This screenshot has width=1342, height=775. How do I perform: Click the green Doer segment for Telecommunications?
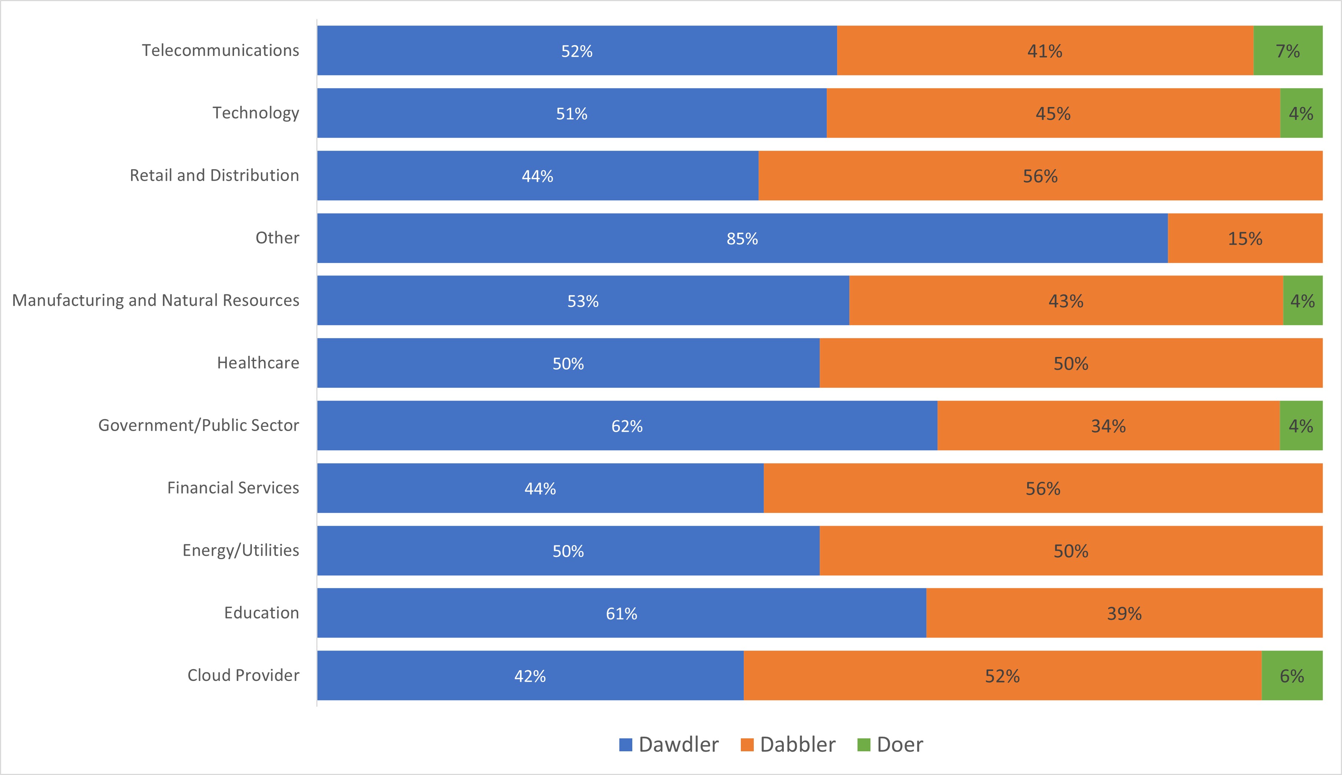1288,51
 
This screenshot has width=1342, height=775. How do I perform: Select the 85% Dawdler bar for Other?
742,238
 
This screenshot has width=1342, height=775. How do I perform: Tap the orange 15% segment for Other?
1245,238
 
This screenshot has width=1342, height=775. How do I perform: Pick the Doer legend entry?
890,744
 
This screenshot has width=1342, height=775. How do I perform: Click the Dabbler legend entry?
788,744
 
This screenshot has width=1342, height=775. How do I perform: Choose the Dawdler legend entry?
669,744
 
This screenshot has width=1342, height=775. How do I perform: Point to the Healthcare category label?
258,363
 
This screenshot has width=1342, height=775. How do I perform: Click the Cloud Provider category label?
243,675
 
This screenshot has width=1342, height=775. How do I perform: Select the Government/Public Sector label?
199,425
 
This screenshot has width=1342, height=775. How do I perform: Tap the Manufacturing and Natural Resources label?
156,300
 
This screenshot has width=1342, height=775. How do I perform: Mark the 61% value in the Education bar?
621,614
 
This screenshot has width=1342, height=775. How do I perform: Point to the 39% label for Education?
1124,614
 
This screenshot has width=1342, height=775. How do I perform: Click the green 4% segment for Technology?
1301,113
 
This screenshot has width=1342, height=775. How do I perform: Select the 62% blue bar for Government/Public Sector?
627,426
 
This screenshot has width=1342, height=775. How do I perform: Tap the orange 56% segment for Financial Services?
1043,488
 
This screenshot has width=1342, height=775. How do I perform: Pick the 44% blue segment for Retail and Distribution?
537,176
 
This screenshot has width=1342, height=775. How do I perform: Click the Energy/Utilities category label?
241,550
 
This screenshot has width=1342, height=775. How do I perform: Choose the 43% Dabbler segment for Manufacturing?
1066,301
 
